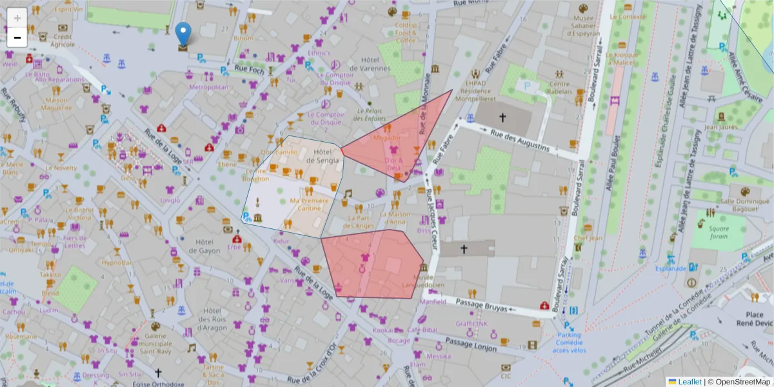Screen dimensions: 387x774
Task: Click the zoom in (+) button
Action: [17, 17]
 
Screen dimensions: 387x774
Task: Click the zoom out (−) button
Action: [17, 37]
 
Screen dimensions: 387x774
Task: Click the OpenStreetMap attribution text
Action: [739, 381]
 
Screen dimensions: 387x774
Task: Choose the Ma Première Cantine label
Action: [305, 204]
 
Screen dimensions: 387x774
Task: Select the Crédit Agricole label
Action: [63, 41]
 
